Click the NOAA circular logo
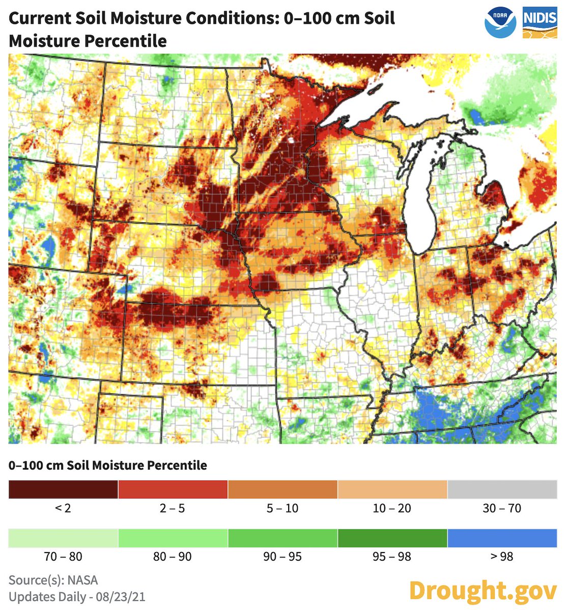tap(500, 23)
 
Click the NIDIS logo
tap(540, 23)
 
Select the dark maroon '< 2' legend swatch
tap(63, 489)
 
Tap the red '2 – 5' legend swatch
tap(173, 489)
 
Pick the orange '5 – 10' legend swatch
tap(282, 489)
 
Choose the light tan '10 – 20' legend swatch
tap(392, 489)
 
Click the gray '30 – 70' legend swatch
tap(502, 489)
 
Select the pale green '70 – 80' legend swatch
tap(63, 538)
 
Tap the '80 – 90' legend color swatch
tap(173, 538)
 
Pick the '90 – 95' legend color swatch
tap(282, 538)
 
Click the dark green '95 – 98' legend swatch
tap(392, 538)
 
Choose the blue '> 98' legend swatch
tap(502, 538)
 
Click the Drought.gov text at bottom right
tap(483, 591)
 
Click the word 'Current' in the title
tap(40, 18)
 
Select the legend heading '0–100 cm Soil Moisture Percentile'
tap(108, 465)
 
